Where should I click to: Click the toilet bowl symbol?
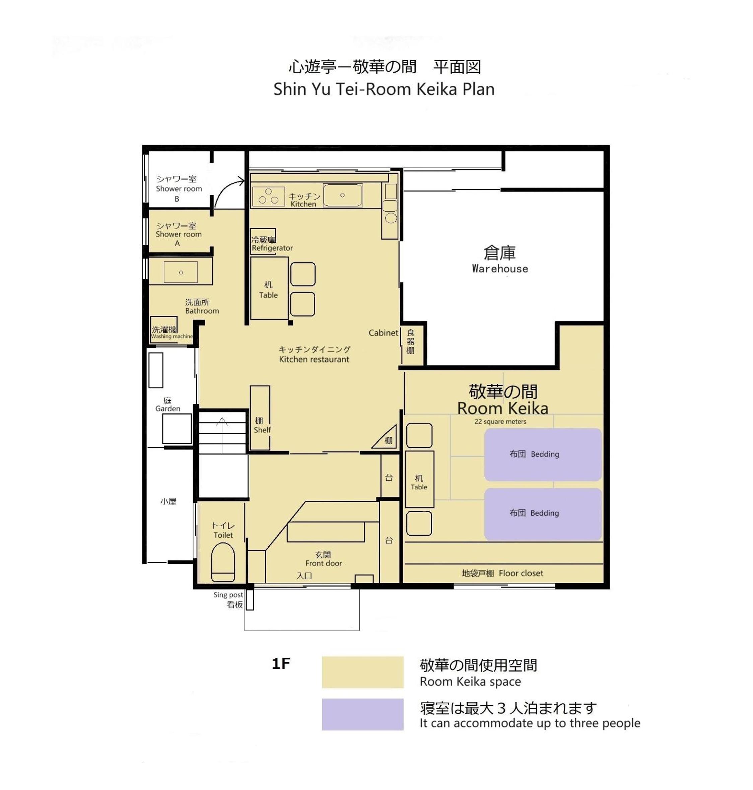[x=223, y=562]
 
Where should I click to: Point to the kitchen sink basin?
[x=343, y=195]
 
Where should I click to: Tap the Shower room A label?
[x=179, y=234]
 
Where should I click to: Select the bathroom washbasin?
[x=181, y=272]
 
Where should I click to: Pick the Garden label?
[x=168, y=404]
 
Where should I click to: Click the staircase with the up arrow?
[x=222, y=432]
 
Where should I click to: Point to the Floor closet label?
[x=502, y=573]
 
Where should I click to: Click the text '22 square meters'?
[x=500, y=422]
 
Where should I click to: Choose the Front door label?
[x=324, y=559]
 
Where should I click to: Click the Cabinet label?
[x=383, y=333]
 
